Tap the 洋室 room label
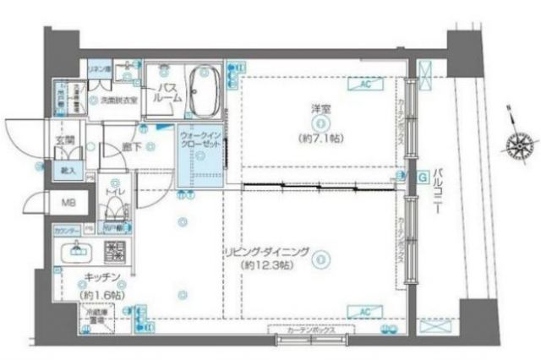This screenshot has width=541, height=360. (318, 107)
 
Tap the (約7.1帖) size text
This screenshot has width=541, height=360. (318, 136)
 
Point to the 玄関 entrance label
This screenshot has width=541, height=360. (64, 139)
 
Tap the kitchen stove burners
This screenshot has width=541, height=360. (113, 252)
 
